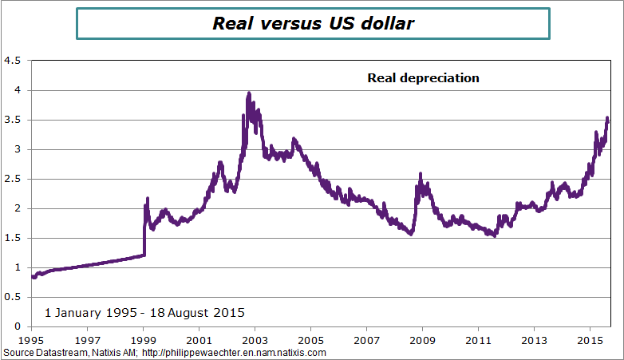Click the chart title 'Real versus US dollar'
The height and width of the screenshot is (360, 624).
(x=313, y=23)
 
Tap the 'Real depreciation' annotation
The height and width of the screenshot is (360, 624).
(x=423, y=78)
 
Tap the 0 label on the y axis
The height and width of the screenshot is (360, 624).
(x=18, y=326)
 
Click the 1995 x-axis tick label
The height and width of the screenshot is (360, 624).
(x=31, y=338)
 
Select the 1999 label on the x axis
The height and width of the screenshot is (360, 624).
(x=143, y=338)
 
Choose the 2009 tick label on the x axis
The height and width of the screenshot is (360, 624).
(x=422, y=338)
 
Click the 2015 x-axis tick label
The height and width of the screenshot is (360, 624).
(x=590, y=338)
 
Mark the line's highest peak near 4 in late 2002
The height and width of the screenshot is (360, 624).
(x=249, y=94)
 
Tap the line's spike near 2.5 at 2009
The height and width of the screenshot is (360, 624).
(x=420, y=175)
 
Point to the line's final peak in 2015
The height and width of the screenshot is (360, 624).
(x=607, y=119)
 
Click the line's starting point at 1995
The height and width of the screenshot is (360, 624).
(x=33, y=277)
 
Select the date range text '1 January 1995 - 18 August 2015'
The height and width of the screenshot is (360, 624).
(x=144, y=312)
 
